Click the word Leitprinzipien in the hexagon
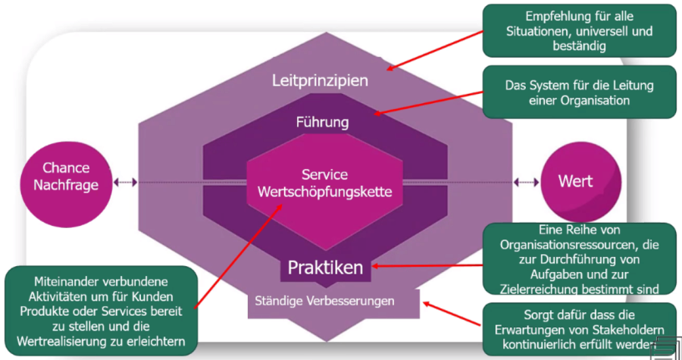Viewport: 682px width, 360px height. (319, 81)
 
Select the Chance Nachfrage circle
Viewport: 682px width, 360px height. (67, 178)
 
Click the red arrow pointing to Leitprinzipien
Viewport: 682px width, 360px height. (436, 50)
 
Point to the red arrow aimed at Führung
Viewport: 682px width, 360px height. (428, 103)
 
